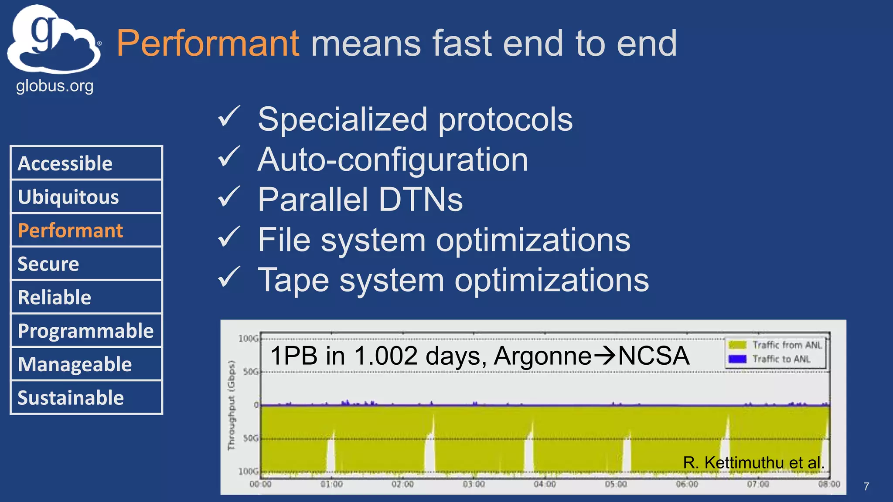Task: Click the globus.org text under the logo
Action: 55,86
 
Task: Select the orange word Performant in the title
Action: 208,43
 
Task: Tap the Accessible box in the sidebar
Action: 86,163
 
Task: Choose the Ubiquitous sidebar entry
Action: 86,197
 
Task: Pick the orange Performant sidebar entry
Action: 86,231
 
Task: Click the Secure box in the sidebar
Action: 86,264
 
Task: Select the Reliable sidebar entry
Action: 86,298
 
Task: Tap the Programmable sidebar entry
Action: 86,331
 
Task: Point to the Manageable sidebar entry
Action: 86,364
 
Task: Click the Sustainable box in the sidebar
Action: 86,398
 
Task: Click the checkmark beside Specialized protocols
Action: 228,116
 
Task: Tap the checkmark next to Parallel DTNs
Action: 228,197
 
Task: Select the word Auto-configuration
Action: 392,159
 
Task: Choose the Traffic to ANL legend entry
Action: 770,359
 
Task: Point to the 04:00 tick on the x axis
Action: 545,484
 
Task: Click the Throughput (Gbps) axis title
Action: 231,405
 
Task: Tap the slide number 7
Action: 866,486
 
